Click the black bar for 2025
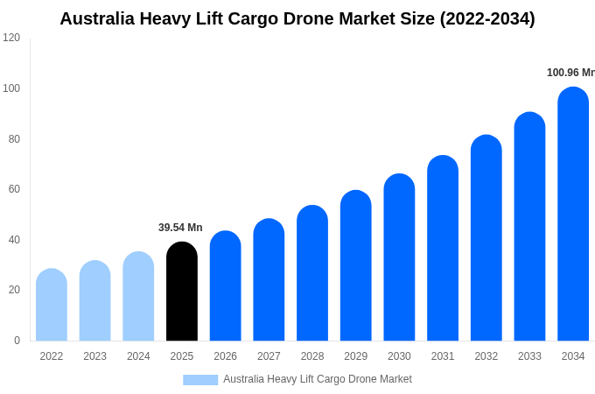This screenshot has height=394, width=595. (x=182, y=292)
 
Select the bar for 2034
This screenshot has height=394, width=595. (x=573, y=215)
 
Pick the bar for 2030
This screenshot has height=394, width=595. (x=399, y=257)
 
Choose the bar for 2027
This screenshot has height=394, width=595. (x=269, y=280)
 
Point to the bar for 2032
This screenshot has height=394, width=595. (x=486, y=238)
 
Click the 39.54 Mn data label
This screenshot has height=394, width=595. (x=180, y=228)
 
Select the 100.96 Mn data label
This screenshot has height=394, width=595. (x=570, y=73)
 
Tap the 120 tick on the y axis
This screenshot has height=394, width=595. (x=11, y=38)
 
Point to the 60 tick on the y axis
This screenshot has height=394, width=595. (x=14, y=189)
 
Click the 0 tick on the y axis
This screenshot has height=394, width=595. (x=17, y=341)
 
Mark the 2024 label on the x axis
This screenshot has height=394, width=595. (x=138, y=356)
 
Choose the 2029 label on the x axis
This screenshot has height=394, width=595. (x=355, y=356)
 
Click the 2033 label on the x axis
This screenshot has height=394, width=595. (x=529, y=356)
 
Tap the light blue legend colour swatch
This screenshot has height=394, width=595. (x=200, y=380)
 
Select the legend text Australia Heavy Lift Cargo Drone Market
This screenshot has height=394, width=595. (x=317, y=379)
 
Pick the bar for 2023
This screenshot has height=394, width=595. (x=94, y=300)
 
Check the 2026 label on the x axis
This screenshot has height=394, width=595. (x=225, y=356)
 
